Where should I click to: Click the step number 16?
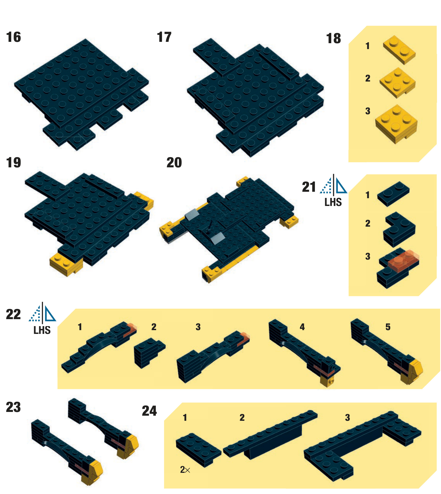pos(13,37)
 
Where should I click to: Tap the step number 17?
pos(164,37)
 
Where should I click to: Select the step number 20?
pos(174,163)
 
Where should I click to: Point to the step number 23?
pos(13,407)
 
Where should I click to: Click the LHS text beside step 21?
pos(333,202)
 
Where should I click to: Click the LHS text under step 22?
pos(42,330)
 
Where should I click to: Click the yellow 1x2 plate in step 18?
pos(399,50)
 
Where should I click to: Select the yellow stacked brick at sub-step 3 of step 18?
pos(396,124)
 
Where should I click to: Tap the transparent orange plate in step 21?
pos(403,260)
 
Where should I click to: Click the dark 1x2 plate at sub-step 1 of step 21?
pos(393,194)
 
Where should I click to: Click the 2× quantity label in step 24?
pos(185,470)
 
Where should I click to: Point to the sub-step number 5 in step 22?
pos(388,327)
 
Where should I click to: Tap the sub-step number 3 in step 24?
pos(347,418)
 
